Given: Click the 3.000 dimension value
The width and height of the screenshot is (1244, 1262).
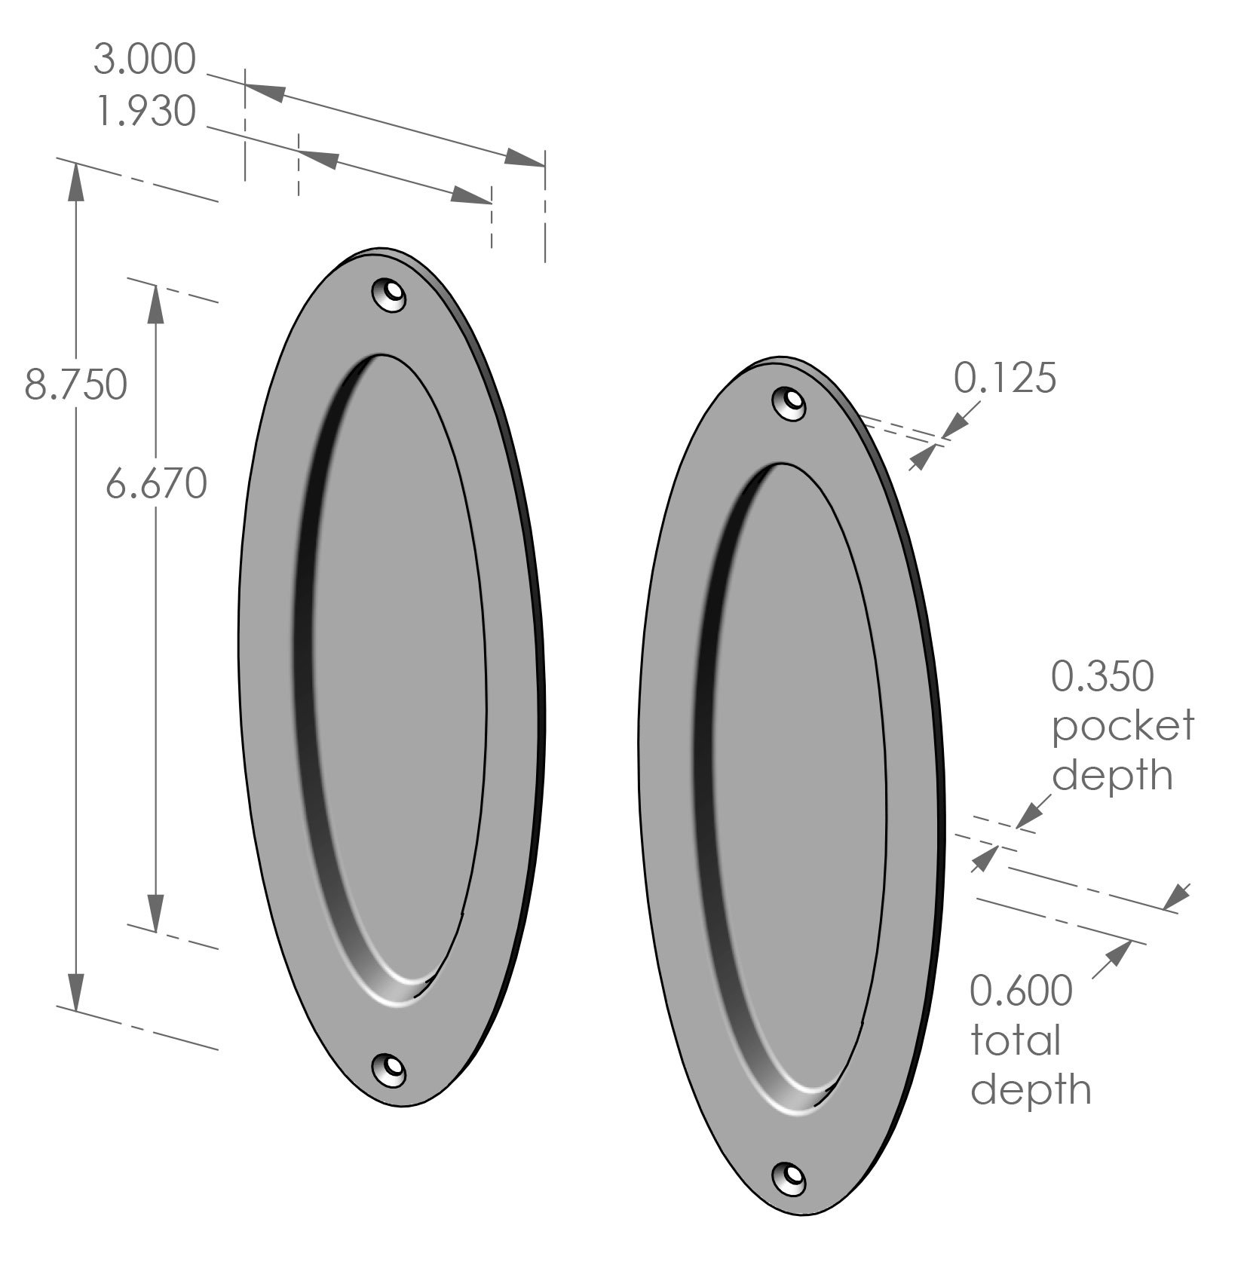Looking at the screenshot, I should [144, 60].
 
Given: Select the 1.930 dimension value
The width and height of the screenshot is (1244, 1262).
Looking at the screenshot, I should [146, 112].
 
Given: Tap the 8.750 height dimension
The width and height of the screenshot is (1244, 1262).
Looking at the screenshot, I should [75, 385].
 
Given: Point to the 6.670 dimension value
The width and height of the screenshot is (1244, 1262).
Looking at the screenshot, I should [155, 483].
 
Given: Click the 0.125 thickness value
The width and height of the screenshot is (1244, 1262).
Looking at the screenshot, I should [1005, 378].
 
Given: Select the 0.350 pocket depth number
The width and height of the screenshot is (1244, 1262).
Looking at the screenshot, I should [1102, 676].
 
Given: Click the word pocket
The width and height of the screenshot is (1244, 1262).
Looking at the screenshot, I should [1123, 726].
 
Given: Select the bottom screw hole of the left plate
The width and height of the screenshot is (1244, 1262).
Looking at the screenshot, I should [390, 1068].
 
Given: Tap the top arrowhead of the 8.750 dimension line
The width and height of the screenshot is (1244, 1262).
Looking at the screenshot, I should [75, 181].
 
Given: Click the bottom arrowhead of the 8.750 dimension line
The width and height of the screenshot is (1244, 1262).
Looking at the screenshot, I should [75, 990].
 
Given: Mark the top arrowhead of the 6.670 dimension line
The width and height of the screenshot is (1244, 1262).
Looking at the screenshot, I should [155, 303].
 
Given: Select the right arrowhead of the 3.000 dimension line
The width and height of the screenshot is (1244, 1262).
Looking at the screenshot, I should [525, 158].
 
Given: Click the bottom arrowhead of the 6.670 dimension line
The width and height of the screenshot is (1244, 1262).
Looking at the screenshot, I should [155, 914].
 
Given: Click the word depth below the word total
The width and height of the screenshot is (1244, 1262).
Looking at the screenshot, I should [1031, 1090].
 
